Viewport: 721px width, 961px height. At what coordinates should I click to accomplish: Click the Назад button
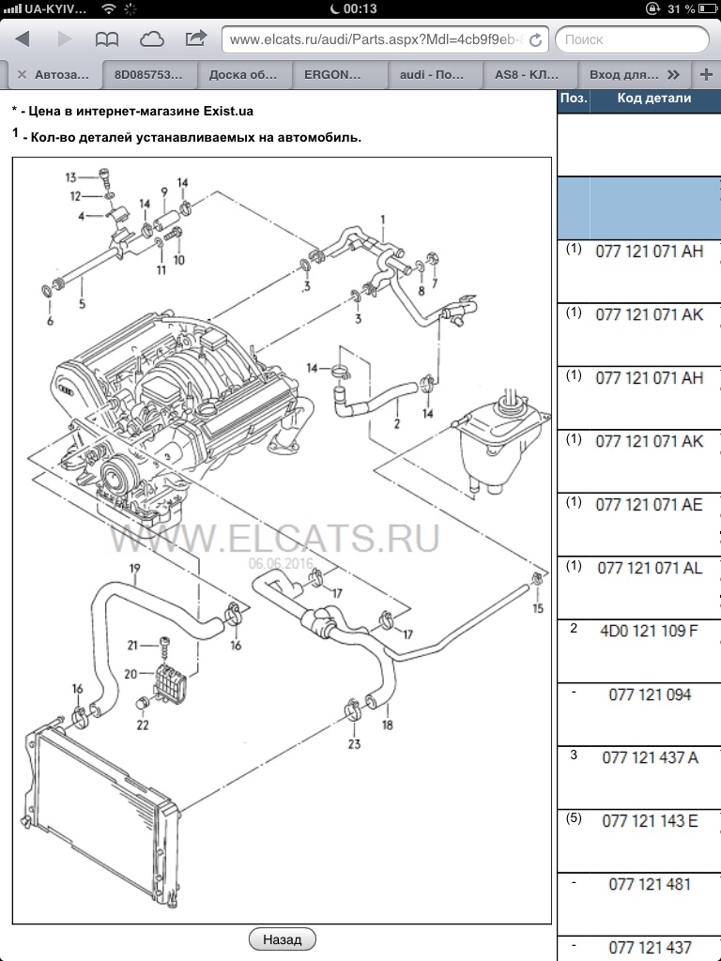pyautogui.click(x=282, y=938)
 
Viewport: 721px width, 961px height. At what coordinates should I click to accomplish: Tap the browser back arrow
pyautogui.click(x=23, y=39)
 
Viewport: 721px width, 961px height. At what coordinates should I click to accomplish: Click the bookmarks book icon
pyautogui.click(x=107, y=39)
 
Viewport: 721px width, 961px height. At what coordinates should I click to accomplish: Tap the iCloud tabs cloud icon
pyautogui.click(x=151, y=39)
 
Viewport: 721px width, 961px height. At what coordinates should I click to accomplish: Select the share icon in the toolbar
pyautogui.click(x=196, y=39)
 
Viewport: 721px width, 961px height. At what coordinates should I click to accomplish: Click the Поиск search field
pyautogui.click(x=631, y=39)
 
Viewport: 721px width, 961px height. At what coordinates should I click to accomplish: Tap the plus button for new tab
pyautogui.click(x=706, y=74)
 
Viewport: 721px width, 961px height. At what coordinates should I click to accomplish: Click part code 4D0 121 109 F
pyautogui.click(x=649, y=630)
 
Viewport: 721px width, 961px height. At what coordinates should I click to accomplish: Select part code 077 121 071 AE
pyautogui.click(x=649, y=504)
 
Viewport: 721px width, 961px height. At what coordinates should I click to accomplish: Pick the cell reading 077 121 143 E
pyautogui.click(x=650, y=821)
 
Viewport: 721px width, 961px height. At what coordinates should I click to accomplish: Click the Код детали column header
pyautogui.click(x=653, y=99)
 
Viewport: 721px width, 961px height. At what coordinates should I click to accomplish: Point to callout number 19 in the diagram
pyautogui.click(x=134, y=569)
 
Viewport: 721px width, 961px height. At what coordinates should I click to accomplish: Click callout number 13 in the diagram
pyautogui.click(x=70, y=176)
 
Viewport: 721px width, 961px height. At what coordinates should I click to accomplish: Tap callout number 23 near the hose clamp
pyautogui.click(x=354, y=745)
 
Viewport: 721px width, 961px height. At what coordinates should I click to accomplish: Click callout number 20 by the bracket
pyautogui.click(x=131, y=673)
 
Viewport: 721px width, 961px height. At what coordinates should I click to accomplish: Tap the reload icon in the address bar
pyautogui.click(x=536, y=40)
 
